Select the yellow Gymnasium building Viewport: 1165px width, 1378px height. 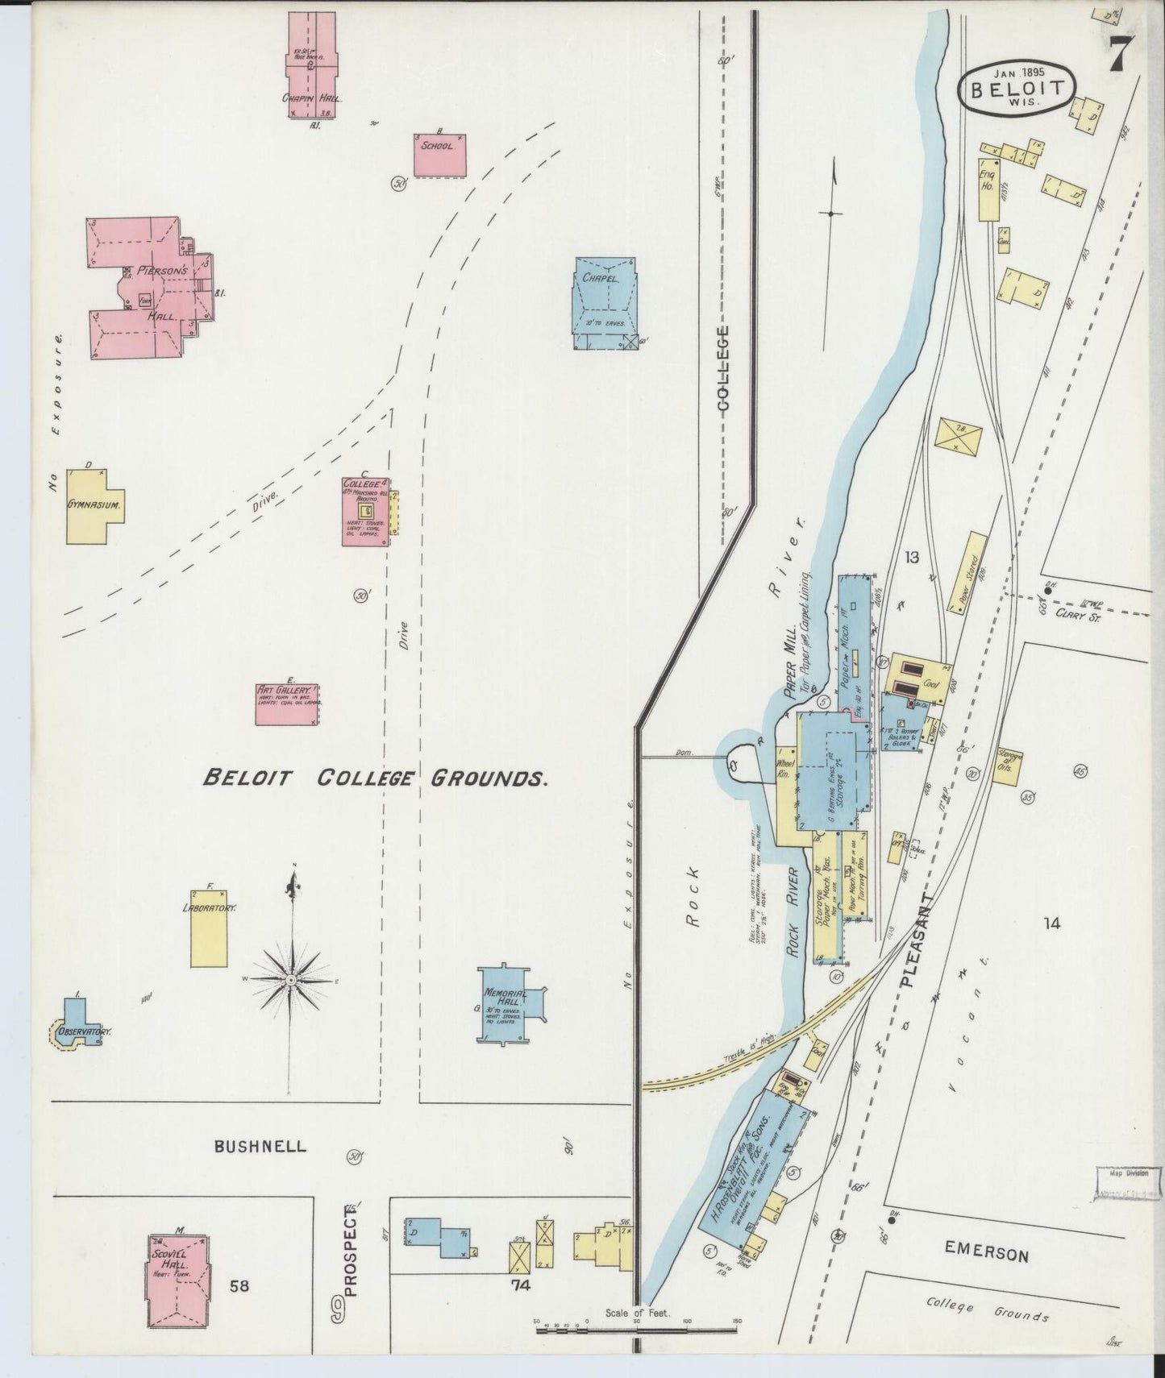pos(94,504)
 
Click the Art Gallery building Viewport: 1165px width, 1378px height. pos(287,705)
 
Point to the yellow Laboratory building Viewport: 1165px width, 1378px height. pos(208,928)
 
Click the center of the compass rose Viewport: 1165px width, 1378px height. pos(289,978)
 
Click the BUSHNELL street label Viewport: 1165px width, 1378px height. pos(260,1146)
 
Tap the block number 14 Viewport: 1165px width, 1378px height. pos(1051,924)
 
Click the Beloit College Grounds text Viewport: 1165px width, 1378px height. pos(376,778)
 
